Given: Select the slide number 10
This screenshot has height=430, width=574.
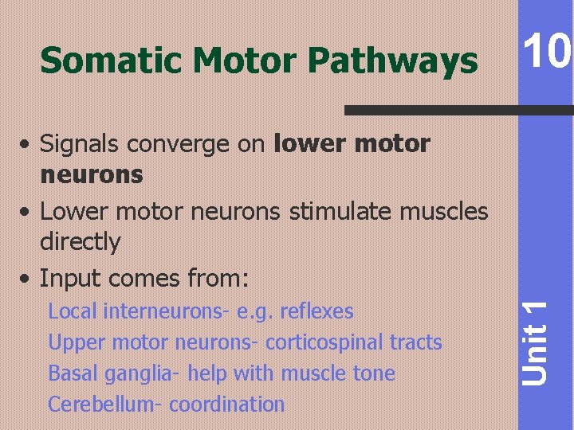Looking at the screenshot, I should click(x=546, y=52).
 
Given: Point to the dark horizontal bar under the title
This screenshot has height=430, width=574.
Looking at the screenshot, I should click(x=458, y=110).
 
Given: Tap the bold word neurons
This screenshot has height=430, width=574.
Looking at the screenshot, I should click(x=91, y=174).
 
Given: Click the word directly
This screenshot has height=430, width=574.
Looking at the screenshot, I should click(x=80, y=242).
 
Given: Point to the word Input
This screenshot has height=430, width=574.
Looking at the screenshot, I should click(x=71, y=279).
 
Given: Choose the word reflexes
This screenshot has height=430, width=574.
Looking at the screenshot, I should click(x=316, y=311).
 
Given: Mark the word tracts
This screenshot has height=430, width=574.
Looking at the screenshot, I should click(x=416, y=342).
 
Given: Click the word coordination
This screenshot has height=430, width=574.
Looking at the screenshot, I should click(x=227, y=405).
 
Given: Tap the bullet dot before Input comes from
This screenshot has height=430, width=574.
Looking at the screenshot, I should click(x=28, y=279).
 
